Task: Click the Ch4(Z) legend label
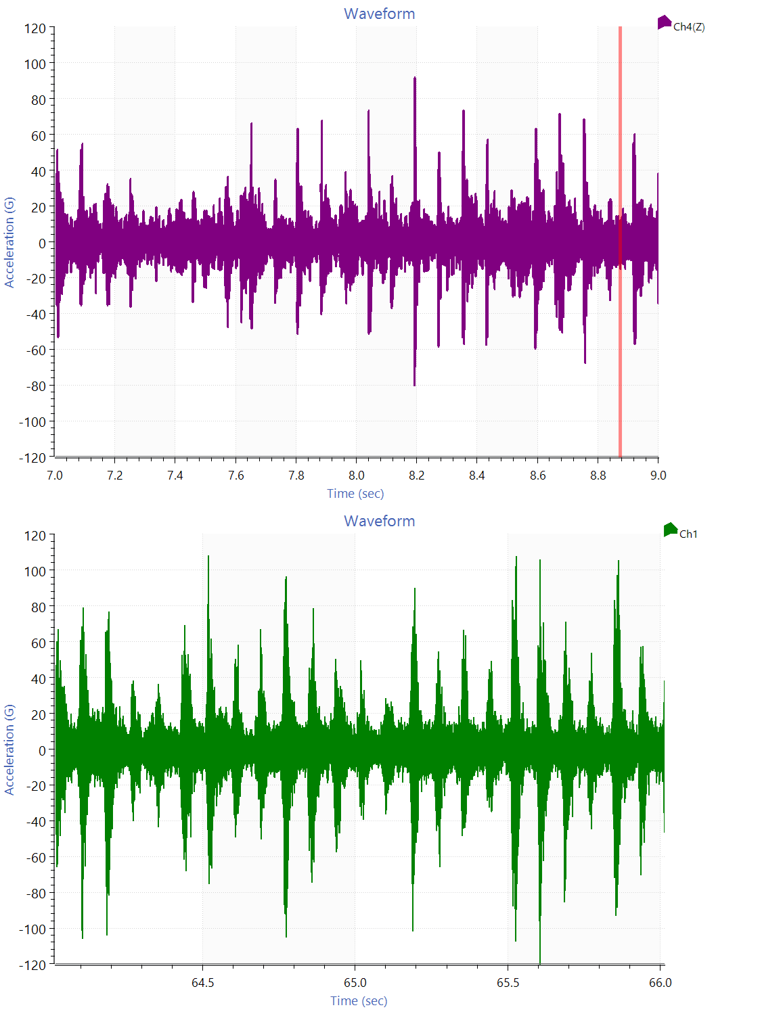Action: point(689,27)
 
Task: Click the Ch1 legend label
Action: point(688,534)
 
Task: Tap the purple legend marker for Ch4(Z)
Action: point(664,23)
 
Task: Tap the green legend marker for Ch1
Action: point(670,530)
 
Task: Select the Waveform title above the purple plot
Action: point(379,14)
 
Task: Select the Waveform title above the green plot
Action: point(379,521)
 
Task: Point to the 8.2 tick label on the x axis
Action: point(417,476)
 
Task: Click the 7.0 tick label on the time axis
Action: point(55,476)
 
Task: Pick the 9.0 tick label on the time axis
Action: point(658,476)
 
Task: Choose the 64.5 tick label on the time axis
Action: point(202,983)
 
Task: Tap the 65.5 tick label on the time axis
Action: point(508,983)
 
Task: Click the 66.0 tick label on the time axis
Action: point(660,983)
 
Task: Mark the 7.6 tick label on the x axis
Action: point(236,476)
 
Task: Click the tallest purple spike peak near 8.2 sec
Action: point(415,79)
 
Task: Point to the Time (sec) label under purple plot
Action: point(355,494)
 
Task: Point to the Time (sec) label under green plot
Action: point(359,1001)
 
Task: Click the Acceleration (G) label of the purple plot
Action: point(9,242)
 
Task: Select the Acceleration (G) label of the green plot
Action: point(9,749)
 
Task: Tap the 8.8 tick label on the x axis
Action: point(598,476)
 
